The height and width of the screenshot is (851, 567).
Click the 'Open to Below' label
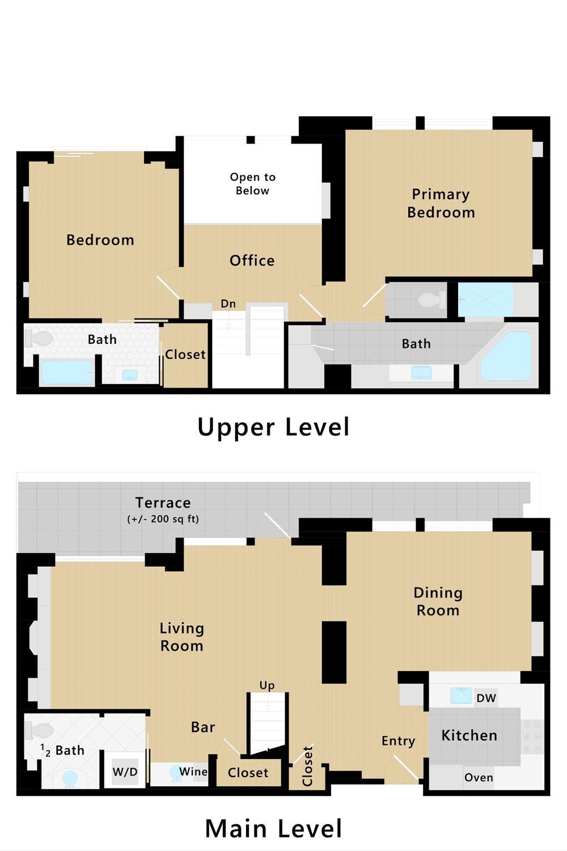coord(252,184)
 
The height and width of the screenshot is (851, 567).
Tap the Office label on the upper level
coord(252,260)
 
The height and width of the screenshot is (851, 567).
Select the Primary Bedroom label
coord(441,203)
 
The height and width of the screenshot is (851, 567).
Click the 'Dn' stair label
coord(229,304)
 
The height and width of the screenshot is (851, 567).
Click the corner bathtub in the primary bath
coord(507,356)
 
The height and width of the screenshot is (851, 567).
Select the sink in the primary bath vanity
coord(421,372)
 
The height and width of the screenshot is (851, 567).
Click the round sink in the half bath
coord(70,778)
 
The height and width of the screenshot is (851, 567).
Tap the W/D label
coord(125,772)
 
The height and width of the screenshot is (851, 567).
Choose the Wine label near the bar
coord(193,771)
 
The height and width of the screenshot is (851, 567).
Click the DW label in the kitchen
coord(486,698)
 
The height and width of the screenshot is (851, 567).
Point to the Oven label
coord(479,777)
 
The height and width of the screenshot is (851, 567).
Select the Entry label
coord(399,741)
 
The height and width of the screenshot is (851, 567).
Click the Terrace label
coord(163,503)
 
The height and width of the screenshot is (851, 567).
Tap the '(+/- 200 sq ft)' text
coord(163,519)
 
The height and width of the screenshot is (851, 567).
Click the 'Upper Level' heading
coord(273,427)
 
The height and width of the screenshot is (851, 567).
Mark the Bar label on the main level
coord(203,727)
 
